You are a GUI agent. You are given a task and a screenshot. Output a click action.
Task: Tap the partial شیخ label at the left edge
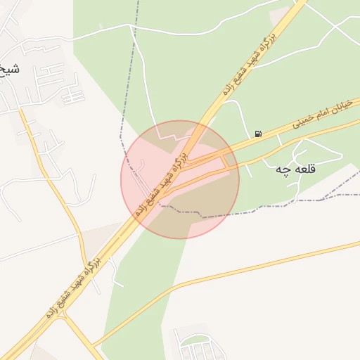[10, 70]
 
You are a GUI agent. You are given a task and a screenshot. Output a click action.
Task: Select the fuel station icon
[259, 134]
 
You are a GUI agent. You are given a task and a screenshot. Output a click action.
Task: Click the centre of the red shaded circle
[180, 179]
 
